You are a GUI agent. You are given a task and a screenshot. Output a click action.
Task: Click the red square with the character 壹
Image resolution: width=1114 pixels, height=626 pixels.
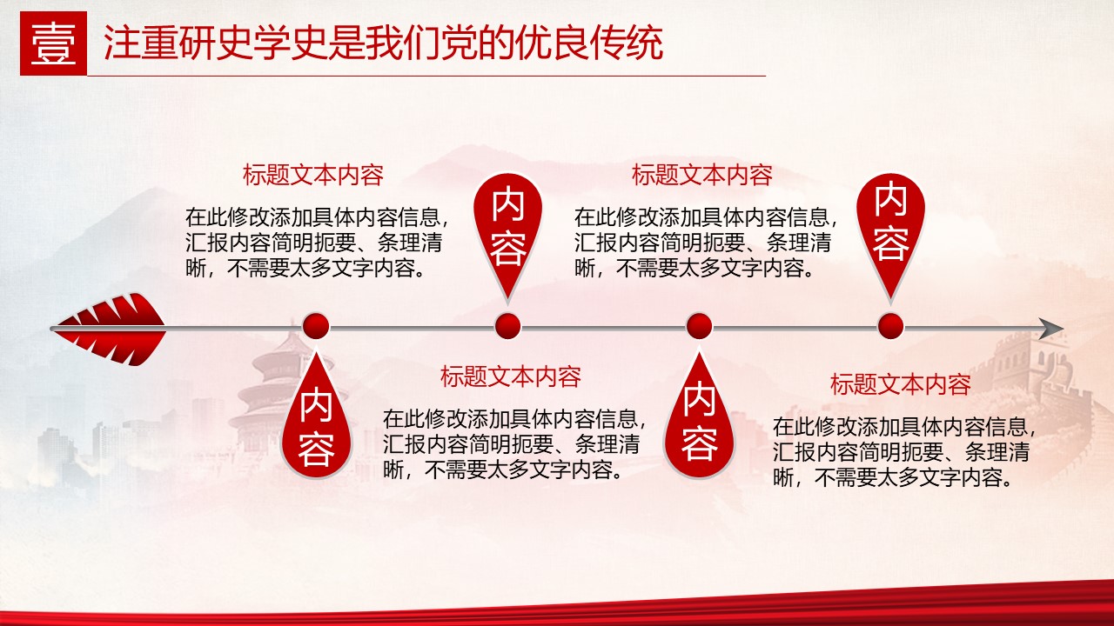[x=53, y=43]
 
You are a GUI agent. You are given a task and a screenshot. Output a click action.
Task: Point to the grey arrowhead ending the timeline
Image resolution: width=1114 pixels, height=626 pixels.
[x=1050, y=329]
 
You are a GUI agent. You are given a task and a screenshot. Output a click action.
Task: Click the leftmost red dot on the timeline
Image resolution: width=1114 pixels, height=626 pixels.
[x=316, y=326]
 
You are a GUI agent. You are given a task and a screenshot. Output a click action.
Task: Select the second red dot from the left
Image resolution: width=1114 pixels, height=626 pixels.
[x=507, y=326]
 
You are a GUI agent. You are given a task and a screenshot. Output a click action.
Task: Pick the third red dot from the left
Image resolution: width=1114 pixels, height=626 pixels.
[x=699, y=326]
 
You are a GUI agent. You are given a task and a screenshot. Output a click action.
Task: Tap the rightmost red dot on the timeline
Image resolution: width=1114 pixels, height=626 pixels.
[x=890, y=326]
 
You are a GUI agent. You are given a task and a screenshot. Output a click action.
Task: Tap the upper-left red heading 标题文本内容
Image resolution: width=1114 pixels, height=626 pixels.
[x=313, y=175]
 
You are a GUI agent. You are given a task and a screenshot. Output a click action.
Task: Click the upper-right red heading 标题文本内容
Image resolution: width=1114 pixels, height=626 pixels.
[x=702, y=175]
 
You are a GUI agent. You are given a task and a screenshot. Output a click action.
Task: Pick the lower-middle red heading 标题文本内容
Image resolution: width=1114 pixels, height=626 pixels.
[x=511, y=376]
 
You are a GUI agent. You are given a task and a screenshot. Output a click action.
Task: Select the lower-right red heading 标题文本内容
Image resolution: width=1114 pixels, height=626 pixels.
[x=901, y=384]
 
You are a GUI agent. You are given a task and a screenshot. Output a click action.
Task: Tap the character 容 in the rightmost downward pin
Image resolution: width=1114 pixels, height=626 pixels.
[x=890, y=244]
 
